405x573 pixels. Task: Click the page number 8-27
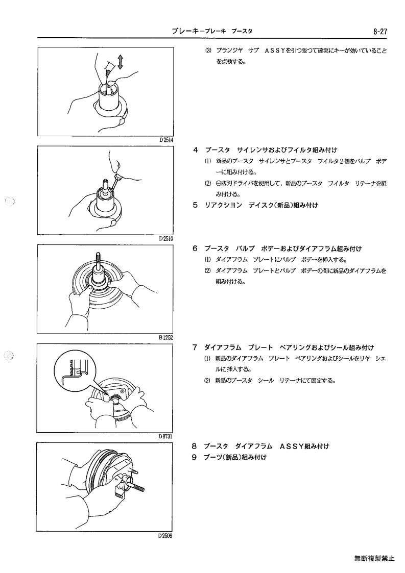coord(380,32)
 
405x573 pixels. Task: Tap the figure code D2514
coord(166,140)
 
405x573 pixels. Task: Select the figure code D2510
coord(166,239)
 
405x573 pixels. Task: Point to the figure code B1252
coord(166,337)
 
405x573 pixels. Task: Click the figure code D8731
coord(165,436)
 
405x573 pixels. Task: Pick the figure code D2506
coord(165,535)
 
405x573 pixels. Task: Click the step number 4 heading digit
coord(196,150)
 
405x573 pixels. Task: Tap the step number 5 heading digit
coord(196,205)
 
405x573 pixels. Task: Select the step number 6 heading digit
coord(196,249)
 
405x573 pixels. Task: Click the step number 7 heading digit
coord(196,347)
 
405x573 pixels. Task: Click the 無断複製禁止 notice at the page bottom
coord(374,558)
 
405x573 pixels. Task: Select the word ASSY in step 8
coord(291,446)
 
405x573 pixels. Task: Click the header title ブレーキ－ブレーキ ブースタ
coord(212,32)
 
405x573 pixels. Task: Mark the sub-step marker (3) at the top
coord(208,51)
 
